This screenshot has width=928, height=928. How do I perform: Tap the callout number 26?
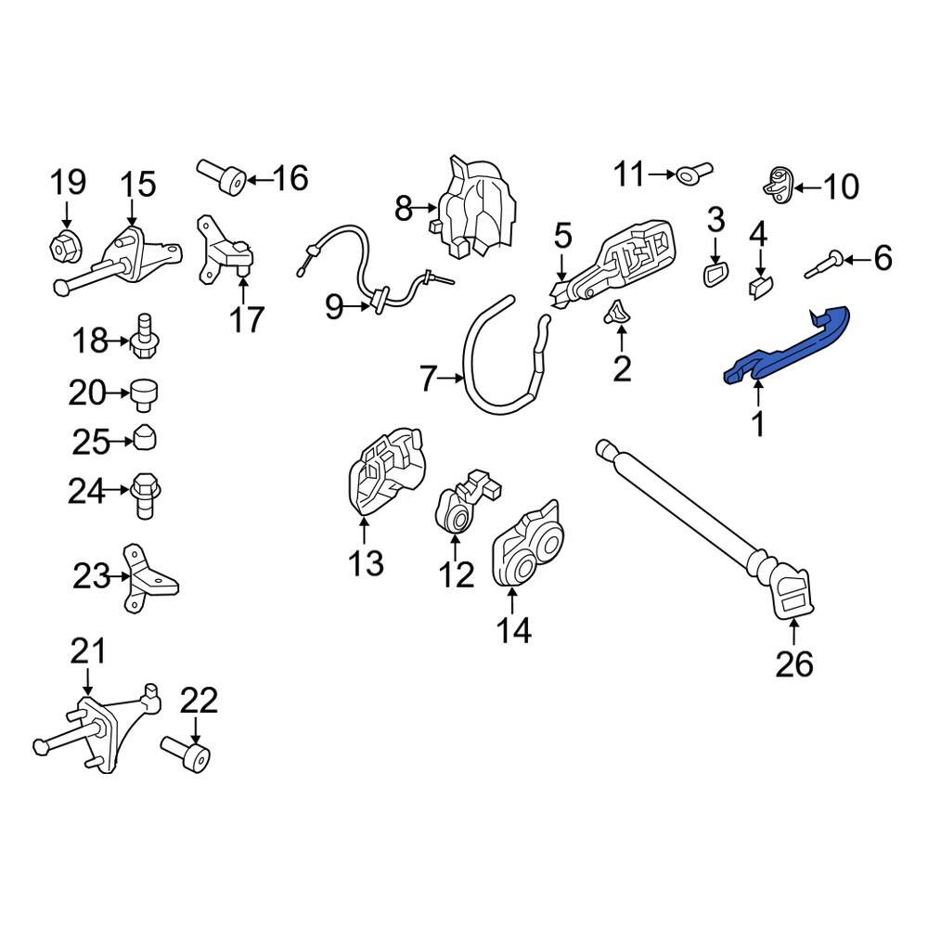pyautogui.click(x=796, y=664)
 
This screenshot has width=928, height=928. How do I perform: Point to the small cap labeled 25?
pyautogui.click(x=147, y=438)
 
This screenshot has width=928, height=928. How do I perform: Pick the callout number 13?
pyautogui.click(x=366, y=561)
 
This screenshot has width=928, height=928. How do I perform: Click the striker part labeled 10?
pyautogui.click(x=778, y=184)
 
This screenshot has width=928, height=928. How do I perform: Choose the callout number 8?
pyautogui.click(x=403, y=209)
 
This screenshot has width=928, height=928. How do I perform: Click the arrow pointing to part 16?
pyautogui.click(x=257, y=177)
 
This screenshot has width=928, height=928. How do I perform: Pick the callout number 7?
pyautogui.click(x=428, y=379)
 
